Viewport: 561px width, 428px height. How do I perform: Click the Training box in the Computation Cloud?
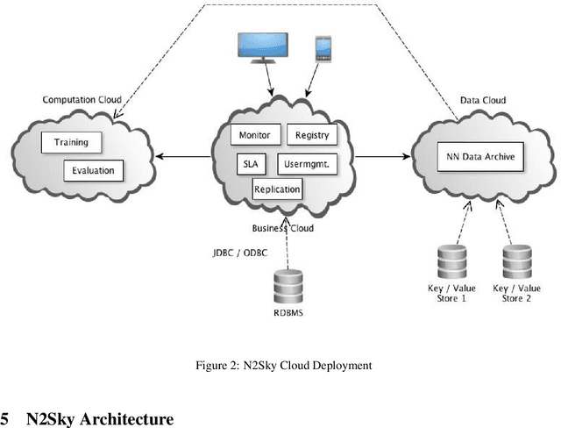[x=70, y=142]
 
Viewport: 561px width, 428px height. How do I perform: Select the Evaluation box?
[x=94, y=170]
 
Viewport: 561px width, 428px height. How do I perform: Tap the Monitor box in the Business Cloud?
[x=256, y=135]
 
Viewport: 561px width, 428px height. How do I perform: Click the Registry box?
[x=311, y=135]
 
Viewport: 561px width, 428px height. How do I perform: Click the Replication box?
[x=277, y=189]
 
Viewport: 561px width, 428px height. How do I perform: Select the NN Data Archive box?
[x=481, y=159]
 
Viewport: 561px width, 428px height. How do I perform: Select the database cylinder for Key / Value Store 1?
[x=451, y=261]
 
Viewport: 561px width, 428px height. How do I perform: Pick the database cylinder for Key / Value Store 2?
[x=515, y=261]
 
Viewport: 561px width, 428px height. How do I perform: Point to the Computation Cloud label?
[x=82, y=100]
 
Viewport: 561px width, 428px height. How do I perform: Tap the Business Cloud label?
[x=282, y=228]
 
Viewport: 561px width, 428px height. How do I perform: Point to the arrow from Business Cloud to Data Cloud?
[x=384, y=158]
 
